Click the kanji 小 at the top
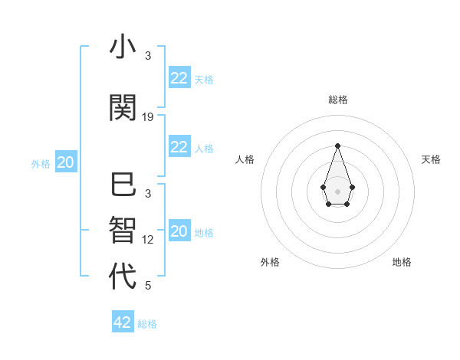click(123, 47)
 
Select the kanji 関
click(123, 108)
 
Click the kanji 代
click(123, 277)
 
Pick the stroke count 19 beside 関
click(148, 117)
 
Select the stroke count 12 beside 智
click(148, 240)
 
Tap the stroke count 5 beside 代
click(148, 286)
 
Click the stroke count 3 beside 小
click(148, 56)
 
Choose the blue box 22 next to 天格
click(179, 78)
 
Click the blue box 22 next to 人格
click(179, 147)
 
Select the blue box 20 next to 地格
click(179, 231)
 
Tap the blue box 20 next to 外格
click(66, 162)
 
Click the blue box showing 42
click(123, 322)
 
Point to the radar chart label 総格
click(337, 100)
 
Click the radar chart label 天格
click(431, 159)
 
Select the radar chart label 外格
click(270, 262)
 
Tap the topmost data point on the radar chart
click(337, 146)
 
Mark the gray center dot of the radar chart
click(337, 190)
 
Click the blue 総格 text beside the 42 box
click(147, 324)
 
